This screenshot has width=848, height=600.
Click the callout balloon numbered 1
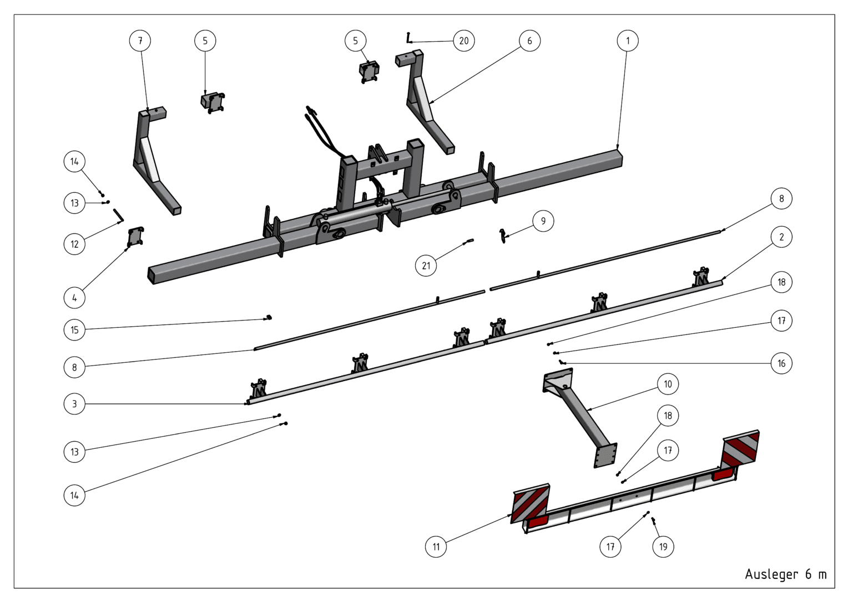coord(627,41)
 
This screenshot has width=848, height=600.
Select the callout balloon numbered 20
coord(464,41)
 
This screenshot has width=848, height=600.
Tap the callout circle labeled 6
coord(529,41)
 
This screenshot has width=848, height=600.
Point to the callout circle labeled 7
coord(140,41)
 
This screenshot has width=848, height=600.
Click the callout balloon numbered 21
coord(426,266)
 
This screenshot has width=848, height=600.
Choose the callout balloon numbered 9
coord(543,221)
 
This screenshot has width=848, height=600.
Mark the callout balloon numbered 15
coord(74,330)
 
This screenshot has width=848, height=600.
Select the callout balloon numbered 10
coord(668,384)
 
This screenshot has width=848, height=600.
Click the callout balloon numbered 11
coord(436,547)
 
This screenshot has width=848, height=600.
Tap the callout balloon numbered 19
coord(663,547)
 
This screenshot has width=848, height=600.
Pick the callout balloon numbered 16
coord(781,363)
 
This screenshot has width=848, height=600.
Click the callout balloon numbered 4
coord(74,298)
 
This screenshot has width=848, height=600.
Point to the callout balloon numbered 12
coord(74,244)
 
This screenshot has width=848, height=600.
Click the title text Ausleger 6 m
coord(785,574)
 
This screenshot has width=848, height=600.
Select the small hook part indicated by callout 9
coord(503,236)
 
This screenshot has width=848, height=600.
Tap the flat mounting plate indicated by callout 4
coord(135,237)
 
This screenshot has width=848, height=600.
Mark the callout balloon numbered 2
coord(781,237)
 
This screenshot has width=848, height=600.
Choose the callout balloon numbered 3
coord(74,404)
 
